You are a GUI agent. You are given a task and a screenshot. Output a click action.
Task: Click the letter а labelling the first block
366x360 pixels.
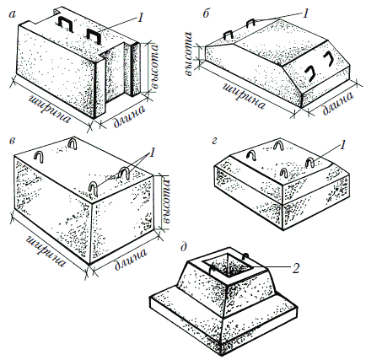[x=12, y=14]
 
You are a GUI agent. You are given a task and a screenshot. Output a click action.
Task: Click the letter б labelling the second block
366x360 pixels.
[x=206, y=13]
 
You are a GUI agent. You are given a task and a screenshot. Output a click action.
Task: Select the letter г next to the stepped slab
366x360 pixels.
[x=214, y=141]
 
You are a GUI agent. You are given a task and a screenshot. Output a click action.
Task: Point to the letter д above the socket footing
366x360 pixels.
[x=185, y=247]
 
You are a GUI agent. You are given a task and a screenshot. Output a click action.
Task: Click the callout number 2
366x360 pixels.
[x=296, y=268]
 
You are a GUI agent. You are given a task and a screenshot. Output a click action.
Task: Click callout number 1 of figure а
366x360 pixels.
[x=139, y=18]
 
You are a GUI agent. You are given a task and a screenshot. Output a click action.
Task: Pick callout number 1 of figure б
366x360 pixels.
[x=305, y=13]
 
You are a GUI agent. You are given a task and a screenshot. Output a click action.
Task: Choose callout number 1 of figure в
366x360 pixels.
[x=152, y=153]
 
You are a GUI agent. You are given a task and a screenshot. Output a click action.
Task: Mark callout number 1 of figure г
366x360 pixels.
[x=342, y=145]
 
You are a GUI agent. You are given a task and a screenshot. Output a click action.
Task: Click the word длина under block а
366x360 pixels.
[x=130, y=116]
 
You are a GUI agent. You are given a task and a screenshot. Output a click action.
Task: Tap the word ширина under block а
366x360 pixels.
[x=50, y=110]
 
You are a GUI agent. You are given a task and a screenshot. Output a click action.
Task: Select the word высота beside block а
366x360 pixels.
[x=154, y=67]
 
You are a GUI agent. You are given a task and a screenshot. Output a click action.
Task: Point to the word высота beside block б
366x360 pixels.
[x=189, y=53]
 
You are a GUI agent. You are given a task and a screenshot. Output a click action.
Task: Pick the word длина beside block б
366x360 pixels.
[x=338, y=103]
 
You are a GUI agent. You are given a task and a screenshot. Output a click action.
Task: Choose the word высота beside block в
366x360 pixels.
[x=166, y=201]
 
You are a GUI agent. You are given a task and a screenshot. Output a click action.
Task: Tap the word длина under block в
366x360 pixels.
[x=131, y=259]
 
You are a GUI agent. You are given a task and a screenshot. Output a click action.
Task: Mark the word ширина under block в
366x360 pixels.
[x=46, y=252]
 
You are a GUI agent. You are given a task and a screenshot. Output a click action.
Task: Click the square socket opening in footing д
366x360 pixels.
[x=229, y=264]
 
